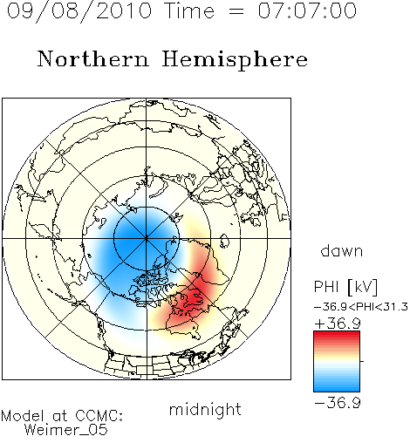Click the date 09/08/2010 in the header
(79, 11)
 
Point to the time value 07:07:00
(307, 10)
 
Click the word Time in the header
(189, 10)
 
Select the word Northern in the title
(93, 58)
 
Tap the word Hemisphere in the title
(235, 60)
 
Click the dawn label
(342, 250)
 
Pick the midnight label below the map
(205, 409)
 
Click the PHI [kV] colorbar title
(345, 287)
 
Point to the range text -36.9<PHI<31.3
(361, 306)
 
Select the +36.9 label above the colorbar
(338, 324)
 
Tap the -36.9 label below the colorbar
(338, 403)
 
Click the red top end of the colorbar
(337, 334)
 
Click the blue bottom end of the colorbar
(337, 389)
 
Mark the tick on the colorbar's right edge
(362, 361)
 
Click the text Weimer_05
(66, 430)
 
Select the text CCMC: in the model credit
(99, 416)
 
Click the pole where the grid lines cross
(147, 238)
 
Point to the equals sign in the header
(236, 11)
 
